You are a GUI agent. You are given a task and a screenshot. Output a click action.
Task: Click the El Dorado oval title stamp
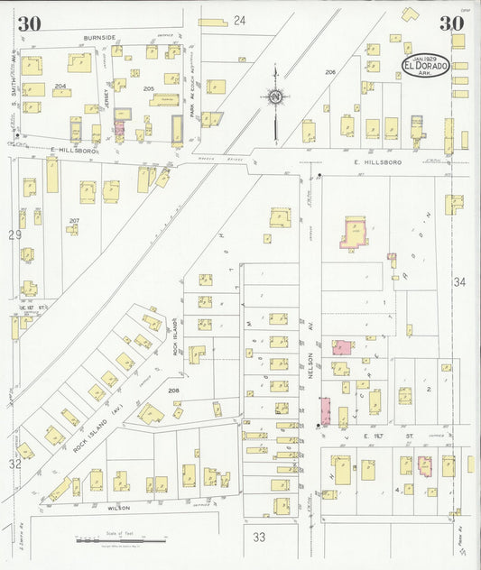[x=424, y=64]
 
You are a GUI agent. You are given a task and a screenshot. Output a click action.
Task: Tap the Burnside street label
[x=99, y=37]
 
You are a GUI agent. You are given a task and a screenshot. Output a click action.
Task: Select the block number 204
[x=61, y=87]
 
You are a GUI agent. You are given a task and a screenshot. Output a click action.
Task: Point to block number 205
[x=149, y=88]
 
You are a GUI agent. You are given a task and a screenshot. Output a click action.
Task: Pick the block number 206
[x=330, y=71]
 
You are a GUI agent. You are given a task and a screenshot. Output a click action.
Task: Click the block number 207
[x=74, y=220]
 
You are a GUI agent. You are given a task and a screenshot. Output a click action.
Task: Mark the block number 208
[x=173, y=390]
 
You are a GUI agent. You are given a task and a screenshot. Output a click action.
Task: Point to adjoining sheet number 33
[x=259, y=537]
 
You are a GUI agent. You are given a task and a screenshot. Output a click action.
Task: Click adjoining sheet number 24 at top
[x=239, y=20]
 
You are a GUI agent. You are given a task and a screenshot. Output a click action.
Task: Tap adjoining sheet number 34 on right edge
[x=459, y=282]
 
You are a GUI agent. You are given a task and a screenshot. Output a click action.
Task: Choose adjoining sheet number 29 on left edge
[x=14, y=234]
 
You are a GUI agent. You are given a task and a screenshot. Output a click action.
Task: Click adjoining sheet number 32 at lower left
[x=14, y=464]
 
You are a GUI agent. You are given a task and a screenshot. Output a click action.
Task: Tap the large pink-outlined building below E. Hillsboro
[x=356, y=233]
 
